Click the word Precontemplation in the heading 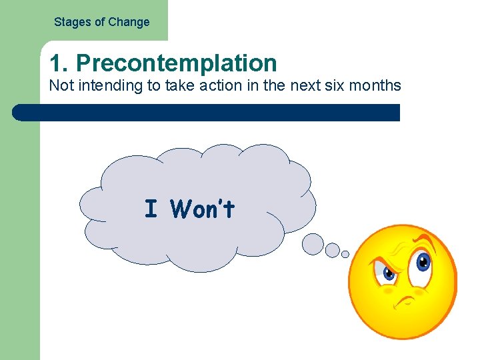click(176, 63)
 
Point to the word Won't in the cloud click(203, 209)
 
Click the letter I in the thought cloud click(151, 209)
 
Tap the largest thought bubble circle click(313, 244)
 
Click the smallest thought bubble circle click(345, 254)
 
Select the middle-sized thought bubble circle click(332, 250)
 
